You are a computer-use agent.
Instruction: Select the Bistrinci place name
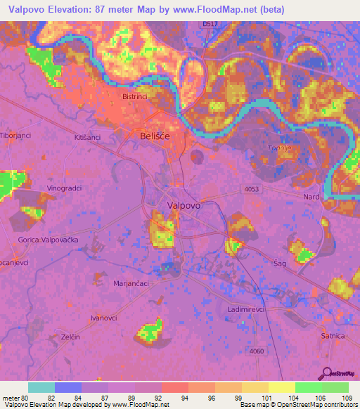[x=134, y=96]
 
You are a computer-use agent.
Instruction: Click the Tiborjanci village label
[x=13, y=136]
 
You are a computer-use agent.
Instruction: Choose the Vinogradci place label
[x=65, y=189]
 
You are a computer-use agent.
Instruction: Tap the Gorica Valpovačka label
[x=48, y=240]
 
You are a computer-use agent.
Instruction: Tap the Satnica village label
[x=333, y=336]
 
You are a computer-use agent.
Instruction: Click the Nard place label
[x=311, y=197]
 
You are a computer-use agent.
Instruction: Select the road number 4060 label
[x=257, y=351]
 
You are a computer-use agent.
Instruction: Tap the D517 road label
[x=209, y=24]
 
